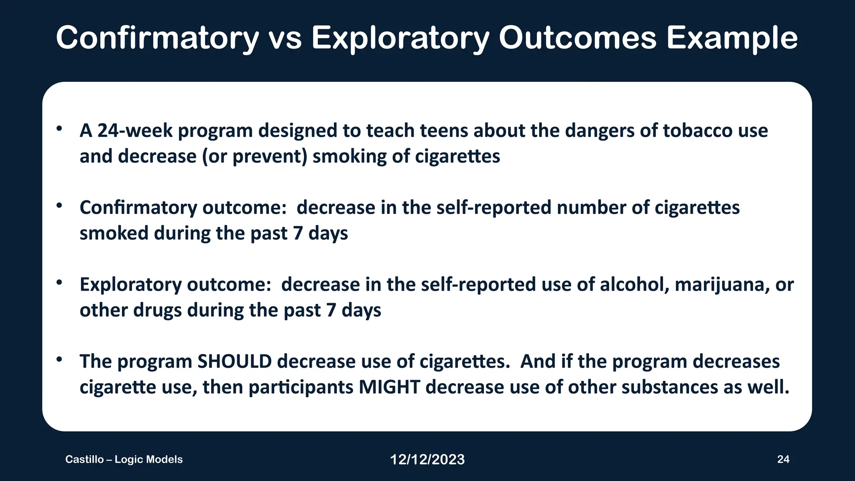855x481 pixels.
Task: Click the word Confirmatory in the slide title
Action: coord(157,38)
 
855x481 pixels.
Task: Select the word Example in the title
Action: coord(731,38)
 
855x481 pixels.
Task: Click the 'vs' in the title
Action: coord(285,38)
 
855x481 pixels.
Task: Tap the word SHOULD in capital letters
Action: coord(235,362)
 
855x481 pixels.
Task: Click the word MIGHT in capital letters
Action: coord(389,387)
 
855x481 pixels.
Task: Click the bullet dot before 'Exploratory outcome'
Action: coord(59,283)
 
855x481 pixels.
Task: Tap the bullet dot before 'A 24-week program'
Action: coord(59,129)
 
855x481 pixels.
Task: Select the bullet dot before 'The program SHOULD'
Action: coord(59,359)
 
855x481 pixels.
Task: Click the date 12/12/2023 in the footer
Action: coord(427,460)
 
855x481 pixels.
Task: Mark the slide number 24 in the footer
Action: coord(783,459)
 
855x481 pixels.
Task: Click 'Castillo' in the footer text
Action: coord(84,459)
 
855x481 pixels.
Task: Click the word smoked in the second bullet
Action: coord(114,233)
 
